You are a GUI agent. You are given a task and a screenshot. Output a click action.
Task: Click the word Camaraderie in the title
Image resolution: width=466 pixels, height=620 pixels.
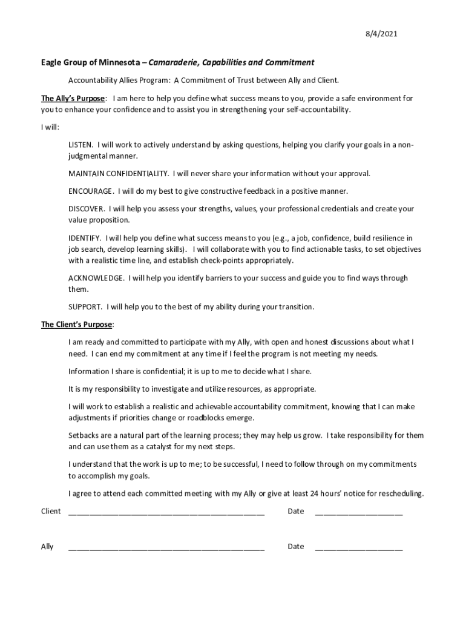coord(171,62)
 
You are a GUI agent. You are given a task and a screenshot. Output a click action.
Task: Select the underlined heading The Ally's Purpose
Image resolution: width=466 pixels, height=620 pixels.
coord(73,98)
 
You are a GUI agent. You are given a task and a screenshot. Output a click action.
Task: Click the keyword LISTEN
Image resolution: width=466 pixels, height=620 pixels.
coord(80,145)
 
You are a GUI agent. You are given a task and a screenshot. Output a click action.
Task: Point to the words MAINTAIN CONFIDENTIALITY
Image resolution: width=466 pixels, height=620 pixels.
coord(118,174)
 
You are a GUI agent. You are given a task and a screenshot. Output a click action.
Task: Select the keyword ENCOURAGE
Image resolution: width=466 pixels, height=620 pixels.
coord(90,191)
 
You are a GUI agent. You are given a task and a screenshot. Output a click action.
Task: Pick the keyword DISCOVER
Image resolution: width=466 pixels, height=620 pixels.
coord(87,209)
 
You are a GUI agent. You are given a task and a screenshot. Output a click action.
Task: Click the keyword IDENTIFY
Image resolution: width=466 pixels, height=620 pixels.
coord(84,238)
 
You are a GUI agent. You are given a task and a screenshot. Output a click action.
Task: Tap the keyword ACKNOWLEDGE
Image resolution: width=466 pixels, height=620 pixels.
coord(96,278)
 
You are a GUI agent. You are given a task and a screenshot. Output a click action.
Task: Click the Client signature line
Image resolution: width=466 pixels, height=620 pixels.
coord(166,513)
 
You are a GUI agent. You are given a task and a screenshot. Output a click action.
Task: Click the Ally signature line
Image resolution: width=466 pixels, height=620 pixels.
coord(166,549)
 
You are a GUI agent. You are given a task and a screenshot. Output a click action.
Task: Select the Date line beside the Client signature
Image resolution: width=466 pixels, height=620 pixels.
coord(358,513)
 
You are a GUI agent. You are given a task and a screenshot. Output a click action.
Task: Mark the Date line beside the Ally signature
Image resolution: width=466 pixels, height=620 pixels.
coord(358,549)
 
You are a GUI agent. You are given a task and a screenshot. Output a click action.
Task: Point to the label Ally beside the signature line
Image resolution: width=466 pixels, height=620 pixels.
coord(47,547)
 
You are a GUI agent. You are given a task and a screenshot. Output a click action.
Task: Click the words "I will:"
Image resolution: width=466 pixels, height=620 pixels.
coord(50,127)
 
